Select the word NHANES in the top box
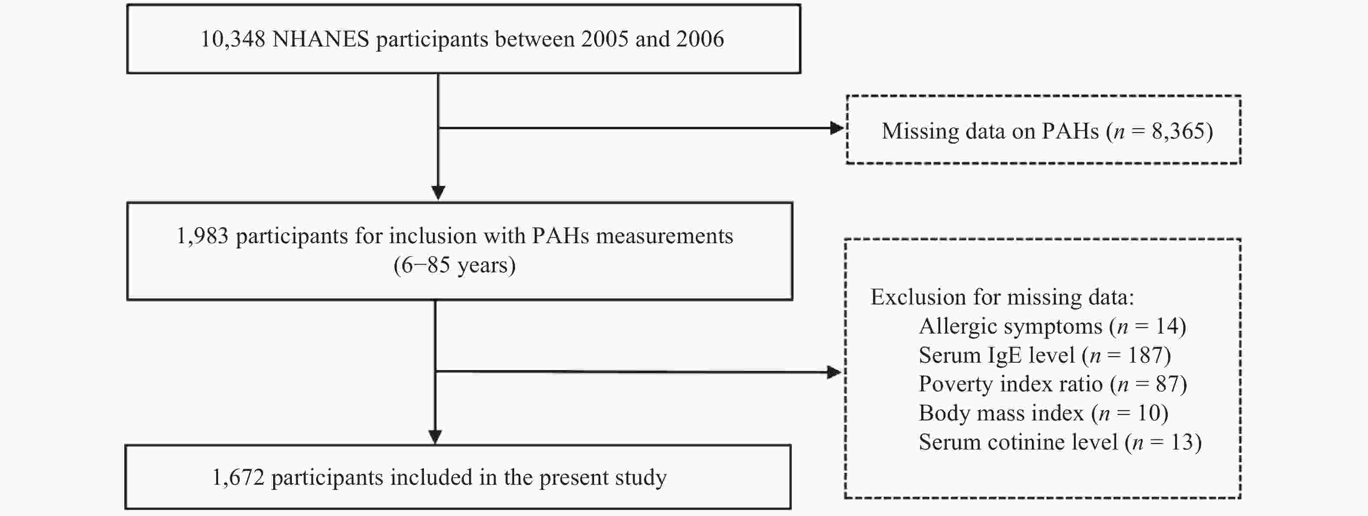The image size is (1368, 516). pos(321,39)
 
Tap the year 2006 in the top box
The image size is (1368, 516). pos(700,39)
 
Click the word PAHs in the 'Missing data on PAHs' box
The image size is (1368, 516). pos(1070,131)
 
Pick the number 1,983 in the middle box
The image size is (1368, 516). pos(202,236)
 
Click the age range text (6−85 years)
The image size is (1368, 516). pos(455,265)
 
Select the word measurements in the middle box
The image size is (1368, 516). pos(664,236)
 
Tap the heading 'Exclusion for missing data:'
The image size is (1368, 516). pos(1002,297)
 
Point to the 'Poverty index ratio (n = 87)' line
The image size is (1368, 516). pos(1053,384)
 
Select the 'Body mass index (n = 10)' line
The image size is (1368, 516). pos(1044,413)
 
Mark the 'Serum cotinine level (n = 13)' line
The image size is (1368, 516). pos(1060,442)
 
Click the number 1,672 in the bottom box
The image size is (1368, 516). pos(238,478)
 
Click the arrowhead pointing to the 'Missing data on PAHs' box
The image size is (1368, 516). pos(836,128)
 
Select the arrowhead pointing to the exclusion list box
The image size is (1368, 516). pos(834,372)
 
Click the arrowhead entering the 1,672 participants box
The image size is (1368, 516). pos(435,437)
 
